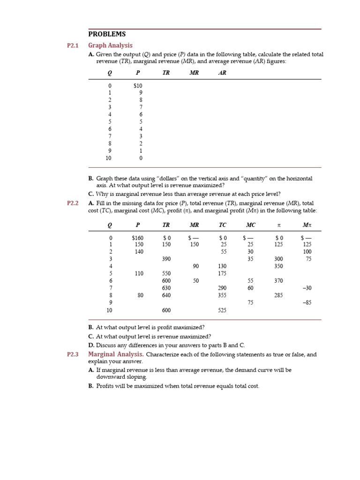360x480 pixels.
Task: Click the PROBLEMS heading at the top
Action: [107, 34]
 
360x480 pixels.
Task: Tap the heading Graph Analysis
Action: [110, 45]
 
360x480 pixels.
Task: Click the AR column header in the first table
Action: [222, 73]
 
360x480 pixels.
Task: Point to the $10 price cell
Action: [138, 86]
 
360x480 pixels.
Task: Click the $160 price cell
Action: [138, 238]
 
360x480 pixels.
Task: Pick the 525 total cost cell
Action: [223, 310]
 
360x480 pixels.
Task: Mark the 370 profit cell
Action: [278, 281]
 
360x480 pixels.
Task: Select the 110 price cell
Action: [139, 273]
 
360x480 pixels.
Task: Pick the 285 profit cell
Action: [278, 295]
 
